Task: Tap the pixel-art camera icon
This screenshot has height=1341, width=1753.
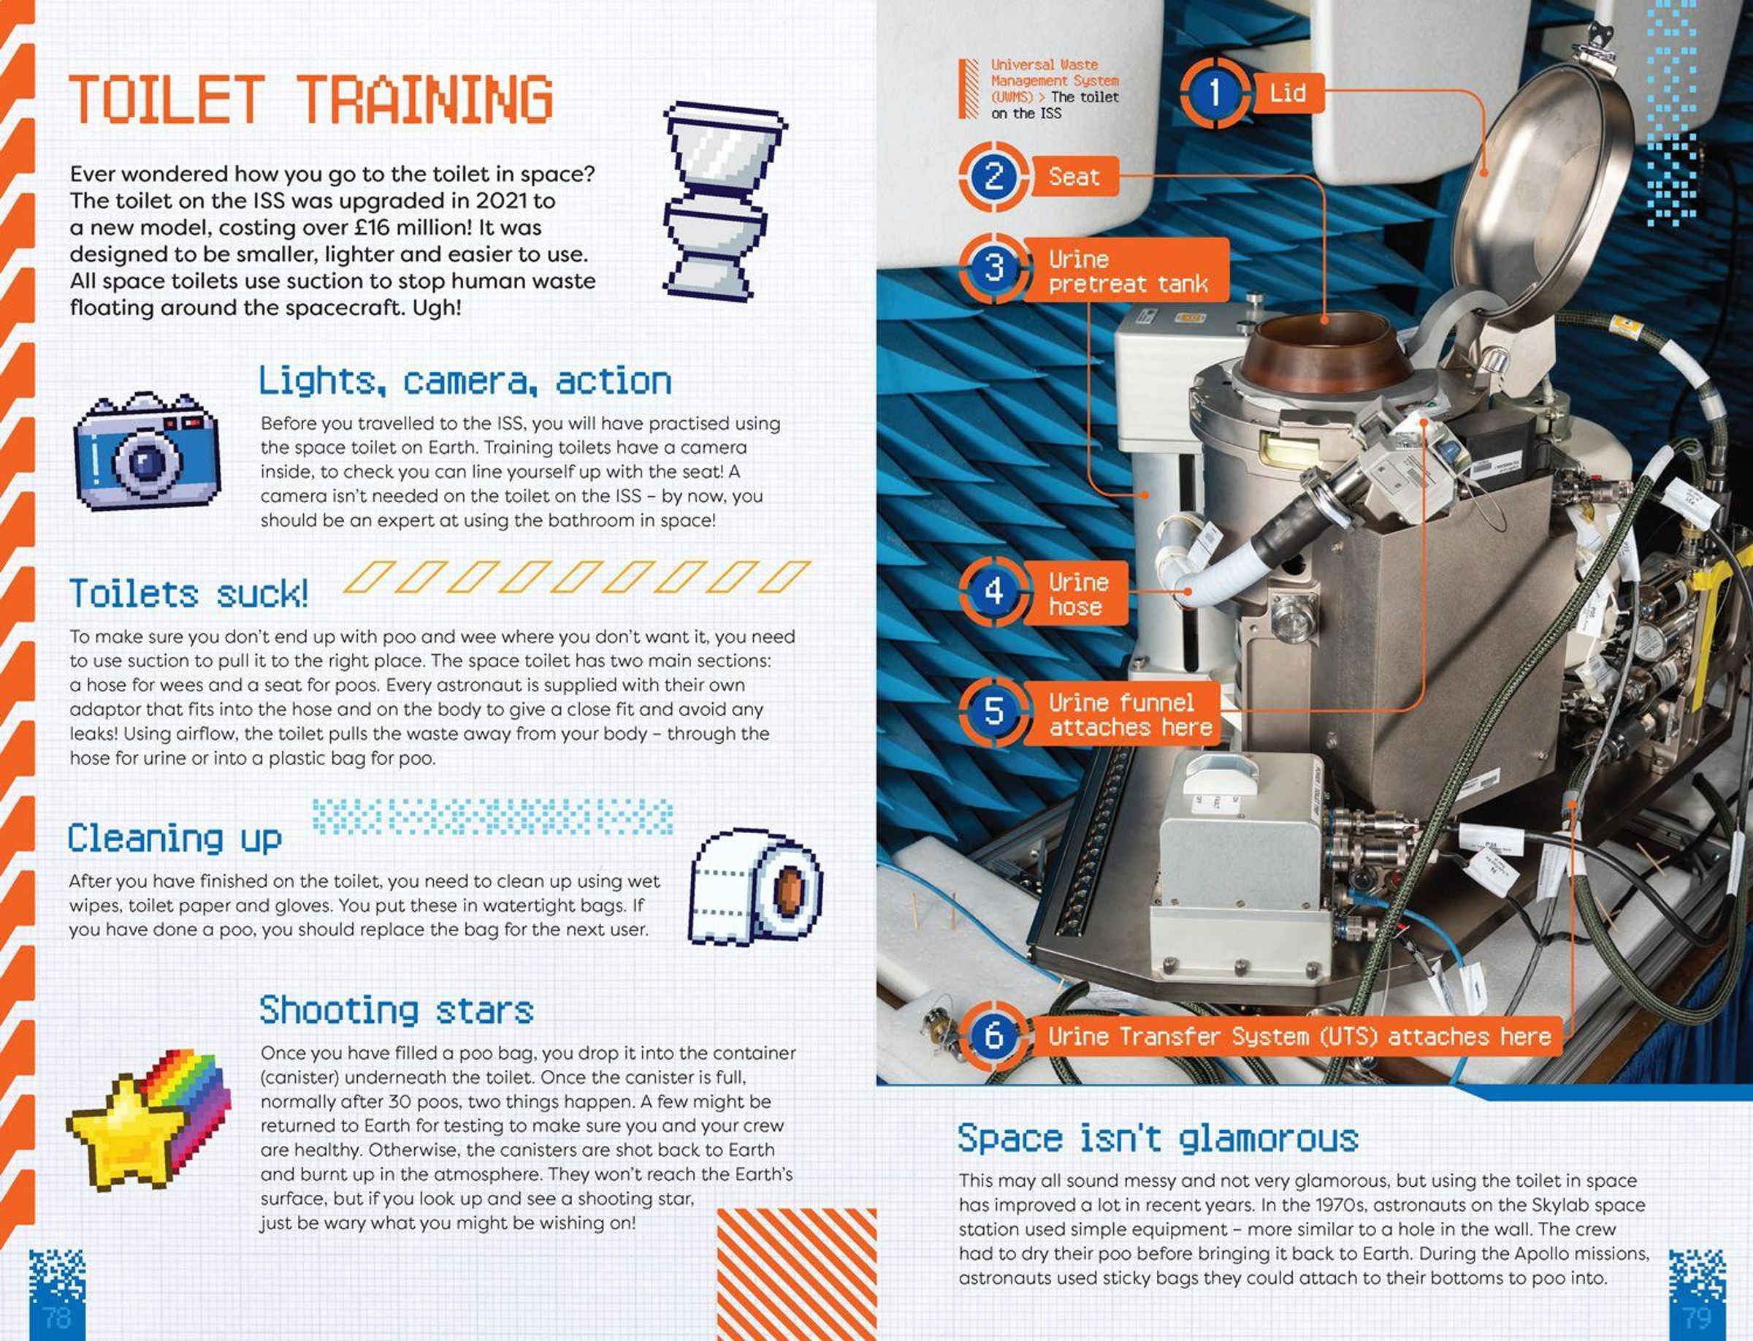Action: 147,450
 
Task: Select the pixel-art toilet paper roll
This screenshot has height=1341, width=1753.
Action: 755,887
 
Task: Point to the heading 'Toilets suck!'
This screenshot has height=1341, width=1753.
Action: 189,594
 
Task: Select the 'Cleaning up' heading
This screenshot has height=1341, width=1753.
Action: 175,838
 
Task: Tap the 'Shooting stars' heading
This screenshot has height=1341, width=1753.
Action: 397,1011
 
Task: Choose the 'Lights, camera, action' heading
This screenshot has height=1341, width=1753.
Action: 465,381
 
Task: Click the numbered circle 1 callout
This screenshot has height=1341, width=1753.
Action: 1215,92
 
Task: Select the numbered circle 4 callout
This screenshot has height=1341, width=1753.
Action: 993,591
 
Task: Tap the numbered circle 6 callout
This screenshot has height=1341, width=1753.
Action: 993,1036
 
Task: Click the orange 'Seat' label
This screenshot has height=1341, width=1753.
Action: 1074,176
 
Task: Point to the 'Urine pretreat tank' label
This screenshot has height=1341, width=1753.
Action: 1126,270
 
